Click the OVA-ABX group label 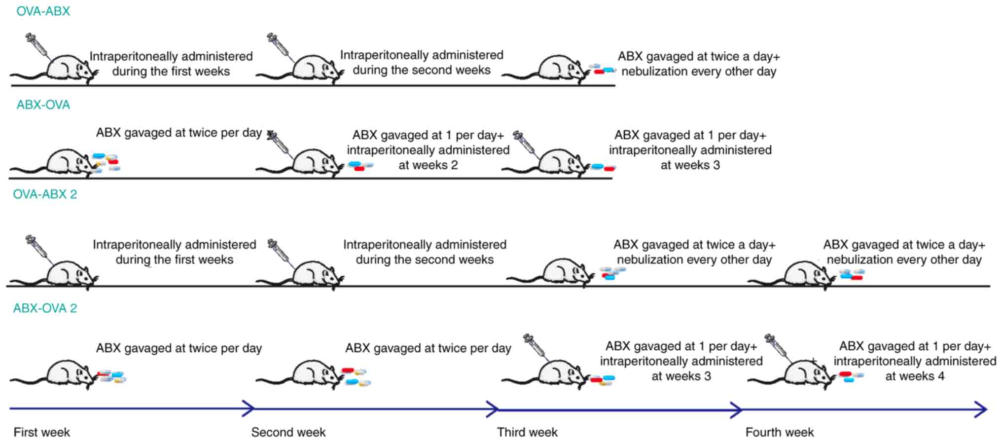[x=43, y=11]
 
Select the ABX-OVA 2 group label [x=45, y=308]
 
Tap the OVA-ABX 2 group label [x=45, y=194]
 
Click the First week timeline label [x=41, y=432]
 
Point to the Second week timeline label [x=288, y=432]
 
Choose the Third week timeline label [x=527, y=432]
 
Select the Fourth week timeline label [x=779, y=432]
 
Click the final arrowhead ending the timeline [x=981, y=409]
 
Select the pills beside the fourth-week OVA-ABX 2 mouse [x=852, y=274]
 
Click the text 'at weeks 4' [x=914, y=376]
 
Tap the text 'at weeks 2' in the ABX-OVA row [x=428, y=165]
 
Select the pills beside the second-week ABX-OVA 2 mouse [x=356, y=376]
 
